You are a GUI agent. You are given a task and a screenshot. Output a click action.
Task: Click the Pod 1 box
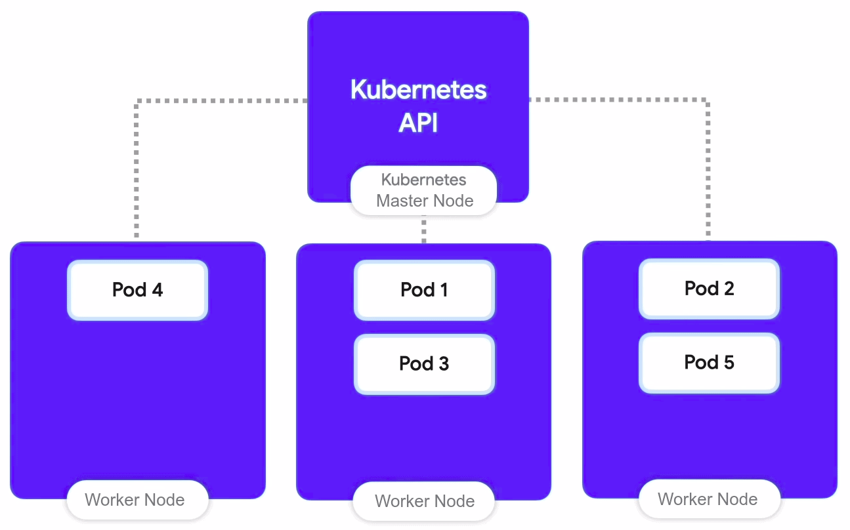[424, 290]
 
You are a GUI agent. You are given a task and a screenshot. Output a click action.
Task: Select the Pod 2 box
[709, 289]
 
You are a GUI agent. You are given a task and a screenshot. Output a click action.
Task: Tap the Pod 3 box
[424, 364]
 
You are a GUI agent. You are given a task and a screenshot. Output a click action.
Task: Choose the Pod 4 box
[137, 290]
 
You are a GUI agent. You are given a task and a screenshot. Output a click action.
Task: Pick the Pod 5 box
[709, 363]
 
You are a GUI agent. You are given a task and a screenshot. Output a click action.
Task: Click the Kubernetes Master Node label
[424, 190]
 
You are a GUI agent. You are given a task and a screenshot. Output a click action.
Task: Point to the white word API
[418, 123]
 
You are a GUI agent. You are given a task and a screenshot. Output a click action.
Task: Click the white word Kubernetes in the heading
[418, 89]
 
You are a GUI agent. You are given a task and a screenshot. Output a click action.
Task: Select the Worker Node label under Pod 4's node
[135, 500]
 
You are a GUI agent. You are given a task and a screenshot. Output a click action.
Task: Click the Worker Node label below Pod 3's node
[424, 502]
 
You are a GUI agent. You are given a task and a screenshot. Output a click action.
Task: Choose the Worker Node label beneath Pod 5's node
[708, 500]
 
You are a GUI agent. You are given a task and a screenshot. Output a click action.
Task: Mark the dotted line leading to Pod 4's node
[137, 164]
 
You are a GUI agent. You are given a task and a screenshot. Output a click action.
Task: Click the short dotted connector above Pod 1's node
[424, 230]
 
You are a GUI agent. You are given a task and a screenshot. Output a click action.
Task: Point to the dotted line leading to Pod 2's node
[708, 164]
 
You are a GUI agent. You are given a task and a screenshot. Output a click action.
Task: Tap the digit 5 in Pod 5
[728, 363]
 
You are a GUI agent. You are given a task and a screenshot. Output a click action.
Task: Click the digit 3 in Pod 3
[443, 364]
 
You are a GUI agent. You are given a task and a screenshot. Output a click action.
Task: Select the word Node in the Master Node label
[454, 201]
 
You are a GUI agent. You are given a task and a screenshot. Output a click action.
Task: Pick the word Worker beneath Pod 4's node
[112, 500]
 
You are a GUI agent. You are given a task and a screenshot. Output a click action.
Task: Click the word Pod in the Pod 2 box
[700, 289]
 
